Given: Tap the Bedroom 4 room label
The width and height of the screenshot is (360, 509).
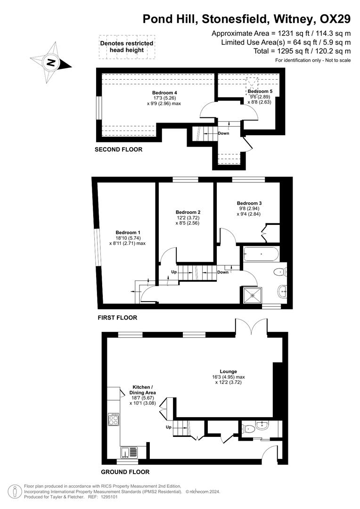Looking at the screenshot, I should [164, 92].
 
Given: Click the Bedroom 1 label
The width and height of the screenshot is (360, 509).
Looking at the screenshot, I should [128, 232].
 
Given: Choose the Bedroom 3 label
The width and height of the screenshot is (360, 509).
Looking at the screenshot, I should [250, 203].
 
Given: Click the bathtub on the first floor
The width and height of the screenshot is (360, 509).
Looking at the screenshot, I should [261, 255].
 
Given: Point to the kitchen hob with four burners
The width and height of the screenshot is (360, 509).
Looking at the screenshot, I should [114, 419].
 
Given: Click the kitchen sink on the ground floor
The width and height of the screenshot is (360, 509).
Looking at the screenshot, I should [128, 452].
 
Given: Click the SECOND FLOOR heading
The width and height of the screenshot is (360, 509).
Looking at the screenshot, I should [118, 149].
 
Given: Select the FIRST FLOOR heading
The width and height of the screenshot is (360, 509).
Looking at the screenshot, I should [117, 318].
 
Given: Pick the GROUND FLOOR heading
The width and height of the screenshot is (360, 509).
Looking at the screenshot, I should [125, 472].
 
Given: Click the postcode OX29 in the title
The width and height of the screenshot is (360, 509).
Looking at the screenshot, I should [335, 19].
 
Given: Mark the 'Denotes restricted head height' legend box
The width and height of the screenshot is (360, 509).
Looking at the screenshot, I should [127, 47].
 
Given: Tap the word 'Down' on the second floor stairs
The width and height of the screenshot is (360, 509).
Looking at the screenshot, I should [223, 133].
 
